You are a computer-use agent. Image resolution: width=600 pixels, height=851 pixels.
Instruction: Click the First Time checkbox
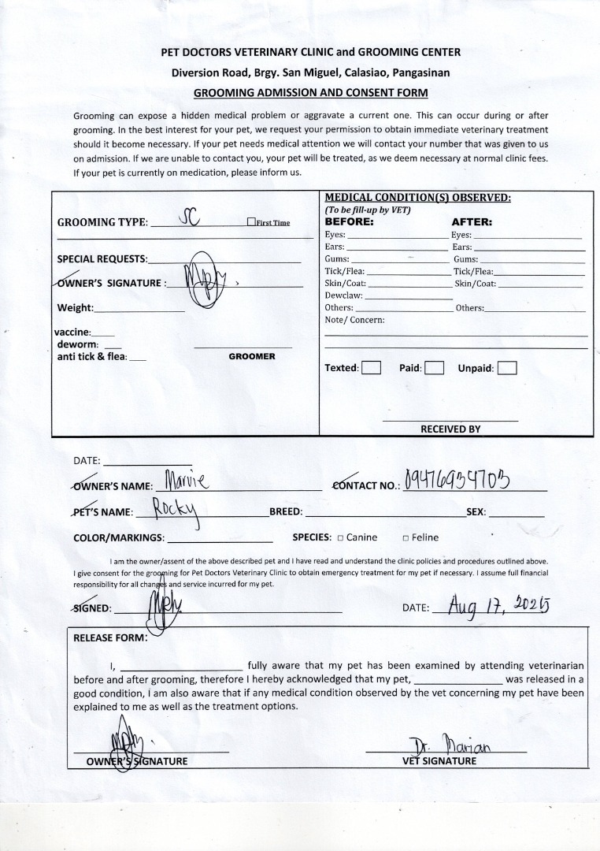251,222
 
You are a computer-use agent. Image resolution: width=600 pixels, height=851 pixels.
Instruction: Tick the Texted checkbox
371,368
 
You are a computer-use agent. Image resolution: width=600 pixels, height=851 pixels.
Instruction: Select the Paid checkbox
434,368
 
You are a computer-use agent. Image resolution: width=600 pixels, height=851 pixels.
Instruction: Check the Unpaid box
507,368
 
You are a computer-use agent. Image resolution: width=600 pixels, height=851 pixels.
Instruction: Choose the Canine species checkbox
340,538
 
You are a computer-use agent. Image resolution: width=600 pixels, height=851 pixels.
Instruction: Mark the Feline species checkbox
406,538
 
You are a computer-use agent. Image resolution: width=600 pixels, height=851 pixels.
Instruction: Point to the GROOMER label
252,357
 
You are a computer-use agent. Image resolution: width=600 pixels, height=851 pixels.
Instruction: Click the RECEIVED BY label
450,429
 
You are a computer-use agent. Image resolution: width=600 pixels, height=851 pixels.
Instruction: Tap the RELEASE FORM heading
110,637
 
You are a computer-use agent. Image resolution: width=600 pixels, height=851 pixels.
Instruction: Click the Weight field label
76,308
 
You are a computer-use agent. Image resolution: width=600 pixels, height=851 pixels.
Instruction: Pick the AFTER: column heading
472,222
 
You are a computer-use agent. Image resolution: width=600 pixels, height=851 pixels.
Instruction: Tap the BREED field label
286,512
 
